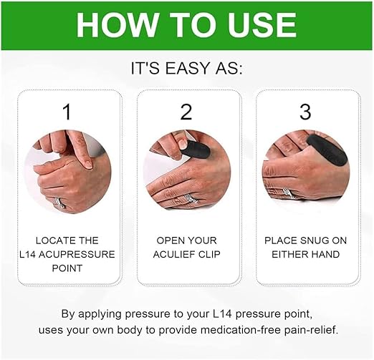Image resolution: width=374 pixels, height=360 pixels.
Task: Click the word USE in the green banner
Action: click(258, 26)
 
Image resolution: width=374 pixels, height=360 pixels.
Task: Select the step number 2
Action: click(186, 112)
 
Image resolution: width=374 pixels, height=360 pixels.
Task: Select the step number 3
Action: click(305, 112)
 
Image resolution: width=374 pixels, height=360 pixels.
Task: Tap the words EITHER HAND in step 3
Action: click(305, 254)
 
